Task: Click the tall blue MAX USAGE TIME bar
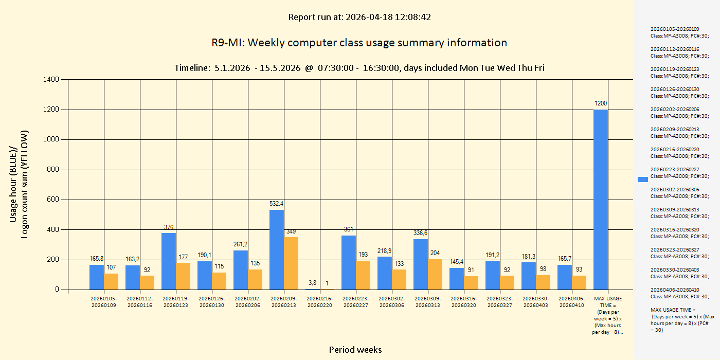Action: click(601, 200)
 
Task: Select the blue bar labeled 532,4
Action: click(277, 249)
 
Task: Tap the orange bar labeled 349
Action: click(291, 263)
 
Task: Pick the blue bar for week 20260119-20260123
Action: click(169, 261)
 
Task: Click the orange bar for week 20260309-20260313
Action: click(435, 274)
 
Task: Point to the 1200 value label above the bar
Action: click(601, 103)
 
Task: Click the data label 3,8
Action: click(313, 283)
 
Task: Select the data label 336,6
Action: click(420, 233)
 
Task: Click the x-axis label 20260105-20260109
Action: click(104, 302)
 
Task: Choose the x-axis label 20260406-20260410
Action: click(572, 302)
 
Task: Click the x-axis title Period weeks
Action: click(355, 350)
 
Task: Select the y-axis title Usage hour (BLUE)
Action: click(13, 184)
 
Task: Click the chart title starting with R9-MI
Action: click(359, 43)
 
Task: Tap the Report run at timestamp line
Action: click(359, 17)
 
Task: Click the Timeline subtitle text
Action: click(359, 68)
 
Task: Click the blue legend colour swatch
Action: click(642, 179)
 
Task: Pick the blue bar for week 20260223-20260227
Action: click(349, 262)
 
